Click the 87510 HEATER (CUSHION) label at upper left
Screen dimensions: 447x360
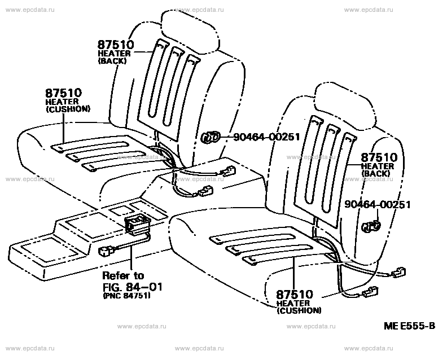(68, 100)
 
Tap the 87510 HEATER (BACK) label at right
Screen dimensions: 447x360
(379, 165)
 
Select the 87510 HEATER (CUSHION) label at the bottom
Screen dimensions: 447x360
(299, 302)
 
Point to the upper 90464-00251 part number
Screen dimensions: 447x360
(266, 137)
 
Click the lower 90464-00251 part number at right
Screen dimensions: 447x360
(378, 204)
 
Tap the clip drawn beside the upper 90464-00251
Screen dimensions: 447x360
(211, 137)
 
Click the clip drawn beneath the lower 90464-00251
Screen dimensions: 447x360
(371, 226)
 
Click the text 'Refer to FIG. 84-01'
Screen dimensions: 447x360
(132, 281)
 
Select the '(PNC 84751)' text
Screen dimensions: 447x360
(126, 296)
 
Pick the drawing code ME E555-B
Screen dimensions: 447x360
(410, 326)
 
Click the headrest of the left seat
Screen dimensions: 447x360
(190, 31)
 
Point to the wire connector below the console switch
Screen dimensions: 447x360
(106, 252)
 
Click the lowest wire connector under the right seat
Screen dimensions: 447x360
(370, 292)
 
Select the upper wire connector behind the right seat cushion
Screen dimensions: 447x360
(399, 272)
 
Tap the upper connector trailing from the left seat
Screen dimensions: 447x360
(228, 172)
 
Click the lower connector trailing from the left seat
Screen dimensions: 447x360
(207, 191)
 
